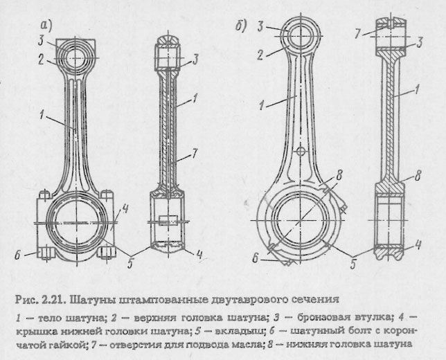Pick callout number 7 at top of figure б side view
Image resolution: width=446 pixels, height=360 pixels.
357,32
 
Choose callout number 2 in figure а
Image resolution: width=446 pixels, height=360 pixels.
42,60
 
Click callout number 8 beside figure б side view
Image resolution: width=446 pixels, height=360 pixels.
418,177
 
